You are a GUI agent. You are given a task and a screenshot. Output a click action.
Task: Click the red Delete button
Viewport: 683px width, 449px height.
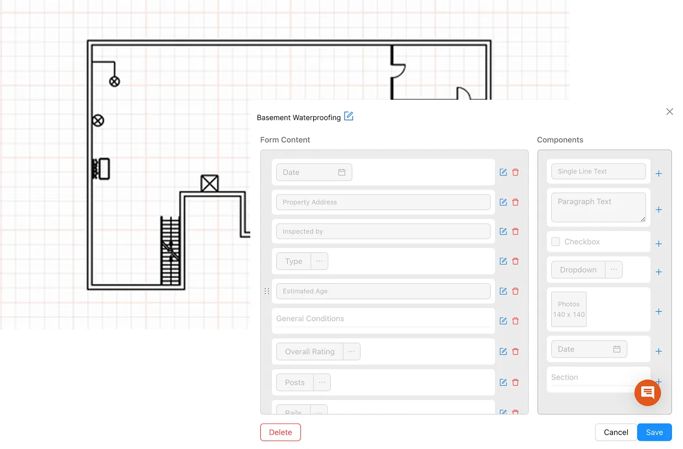[280, 432]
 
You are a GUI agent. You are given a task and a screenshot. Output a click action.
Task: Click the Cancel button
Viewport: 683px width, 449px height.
[616, 432]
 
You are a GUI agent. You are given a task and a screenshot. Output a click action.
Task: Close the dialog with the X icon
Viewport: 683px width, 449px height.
[670, 112]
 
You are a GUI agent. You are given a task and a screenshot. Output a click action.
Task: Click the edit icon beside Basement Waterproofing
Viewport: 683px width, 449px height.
[348, 116]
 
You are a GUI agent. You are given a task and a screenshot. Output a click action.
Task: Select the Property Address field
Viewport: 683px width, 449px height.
[383, 202]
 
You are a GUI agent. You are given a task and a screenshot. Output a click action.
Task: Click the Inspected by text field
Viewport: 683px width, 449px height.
[383, 231]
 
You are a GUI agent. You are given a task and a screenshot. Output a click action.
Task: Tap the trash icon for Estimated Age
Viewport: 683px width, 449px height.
[515, 291]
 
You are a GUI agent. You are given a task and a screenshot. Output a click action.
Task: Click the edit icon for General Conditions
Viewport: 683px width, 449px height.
[503, 321]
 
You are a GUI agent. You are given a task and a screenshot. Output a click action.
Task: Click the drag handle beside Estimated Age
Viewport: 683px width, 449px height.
[267, 291]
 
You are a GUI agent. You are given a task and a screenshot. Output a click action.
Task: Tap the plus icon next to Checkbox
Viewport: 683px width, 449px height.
[659, 244]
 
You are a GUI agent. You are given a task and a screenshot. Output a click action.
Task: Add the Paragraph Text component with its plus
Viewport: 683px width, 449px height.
[659, 210]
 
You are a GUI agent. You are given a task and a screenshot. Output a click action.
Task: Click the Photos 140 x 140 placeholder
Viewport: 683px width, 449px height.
[569, 310]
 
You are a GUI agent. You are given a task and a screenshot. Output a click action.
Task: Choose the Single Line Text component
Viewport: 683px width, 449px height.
[598, 171]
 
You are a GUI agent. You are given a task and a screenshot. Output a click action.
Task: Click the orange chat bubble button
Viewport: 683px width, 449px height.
[648, 393]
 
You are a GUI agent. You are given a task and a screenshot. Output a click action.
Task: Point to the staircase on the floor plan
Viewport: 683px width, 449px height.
[170, 251]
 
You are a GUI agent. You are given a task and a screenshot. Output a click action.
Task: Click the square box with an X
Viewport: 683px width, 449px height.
[209, 183]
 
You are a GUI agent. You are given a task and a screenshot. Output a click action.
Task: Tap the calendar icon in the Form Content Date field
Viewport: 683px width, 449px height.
[342, 172]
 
